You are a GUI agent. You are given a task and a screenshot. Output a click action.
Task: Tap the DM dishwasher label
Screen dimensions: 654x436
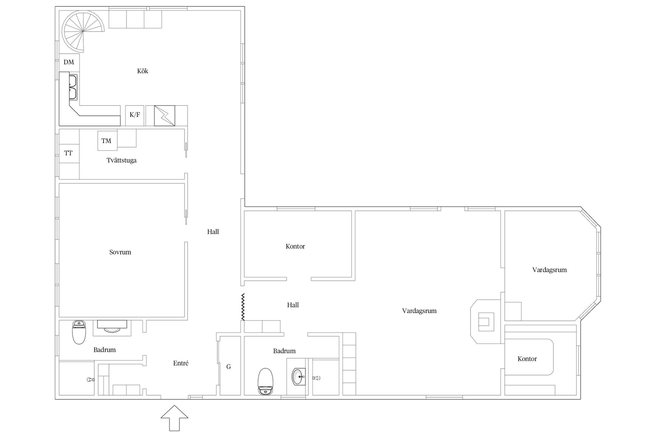(69, 62)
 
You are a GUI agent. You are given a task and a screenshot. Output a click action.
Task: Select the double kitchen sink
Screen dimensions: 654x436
(73, 87)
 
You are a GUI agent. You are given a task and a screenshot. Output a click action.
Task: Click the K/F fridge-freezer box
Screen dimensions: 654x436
(135, 115)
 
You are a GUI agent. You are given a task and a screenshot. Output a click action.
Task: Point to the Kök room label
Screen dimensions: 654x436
(143, 71)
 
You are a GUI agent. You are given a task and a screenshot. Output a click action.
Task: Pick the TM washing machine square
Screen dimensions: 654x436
(107, 141)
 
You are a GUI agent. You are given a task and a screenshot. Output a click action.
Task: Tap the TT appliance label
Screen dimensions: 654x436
(68, 153)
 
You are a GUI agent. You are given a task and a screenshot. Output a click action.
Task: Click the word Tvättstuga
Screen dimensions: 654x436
(122, 160)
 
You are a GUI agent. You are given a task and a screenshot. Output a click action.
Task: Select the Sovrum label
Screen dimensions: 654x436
(120, 252)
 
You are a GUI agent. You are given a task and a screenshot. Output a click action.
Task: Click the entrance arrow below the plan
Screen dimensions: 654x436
(174, 418)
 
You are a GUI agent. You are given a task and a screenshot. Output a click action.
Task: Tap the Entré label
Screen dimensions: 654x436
(181, 363)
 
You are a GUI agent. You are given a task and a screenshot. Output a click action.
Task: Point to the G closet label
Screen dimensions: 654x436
(229, 367)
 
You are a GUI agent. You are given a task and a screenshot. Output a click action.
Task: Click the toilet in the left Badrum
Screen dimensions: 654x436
(79, 332)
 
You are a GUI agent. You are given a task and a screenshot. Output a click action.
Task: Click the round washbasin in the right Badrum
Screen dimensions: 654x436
(299, 376)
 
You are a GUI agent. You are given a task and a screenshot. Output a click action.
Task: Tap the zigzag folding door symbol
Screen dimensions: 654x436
(243, 307)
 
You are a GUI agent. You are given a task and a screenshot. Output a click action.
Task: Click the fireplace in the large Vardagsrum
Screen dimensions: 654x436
(485, 322)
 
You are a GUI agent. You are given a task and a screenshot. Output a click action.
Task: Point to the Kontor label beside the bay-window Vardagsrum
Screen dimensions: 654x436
(527, 359)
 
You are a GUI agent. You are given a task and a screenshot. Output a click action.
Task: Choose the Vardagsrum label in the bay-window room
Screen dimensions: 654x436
(549, 270)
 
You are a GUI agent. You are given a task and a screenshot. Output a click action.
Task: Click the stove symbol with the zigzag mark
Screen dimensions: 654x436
(165, 116)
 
